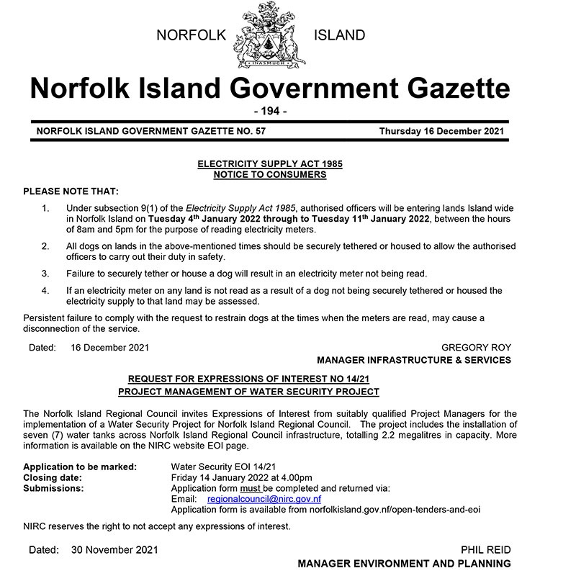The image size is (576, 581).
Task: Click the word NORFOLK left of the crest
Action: (x=192, y=35)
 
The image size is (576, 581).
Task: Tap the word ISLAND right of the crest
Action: (x=339, y=35)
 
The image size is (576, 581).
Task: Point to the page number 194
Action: (x=270, y=112)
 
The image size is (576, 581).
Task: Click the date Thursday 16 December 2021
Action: (x=442, y=131)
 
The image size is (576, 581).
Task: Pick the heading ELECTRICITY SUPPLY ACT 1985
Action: (x=270, y=164)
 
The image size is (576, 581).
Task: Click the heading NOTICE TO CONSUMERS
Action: (x=270, y=174)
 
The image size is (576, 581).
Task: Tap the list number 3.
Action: (x=45, y=274)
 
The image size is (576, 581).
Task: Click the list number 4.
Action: (x=45, y=290)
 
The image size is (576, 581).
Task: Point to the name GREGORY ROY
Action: (x=476, y=348)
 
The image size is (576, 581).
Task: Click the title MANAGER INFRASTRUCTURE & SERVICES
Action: (x=414, y=360)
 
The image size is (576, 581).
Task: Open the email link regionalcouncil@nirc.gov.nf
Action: (x=264, y=498)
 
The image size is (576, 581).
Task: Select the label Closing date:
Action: (x=53, y=477)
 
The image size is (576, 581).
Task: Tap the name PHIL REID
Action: (x=487, y=550)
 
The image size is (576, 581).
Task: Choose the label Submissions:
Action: (x=53, y=488)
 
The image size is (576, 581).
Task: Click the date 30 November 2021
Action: (x=114, y=550)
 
